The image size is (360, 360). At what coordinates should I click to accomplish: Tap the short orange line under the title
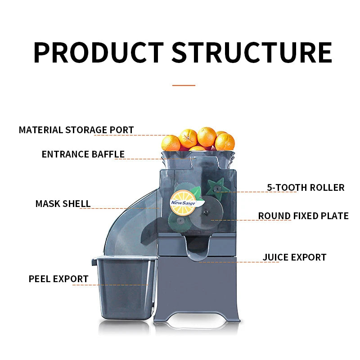click(184, 85)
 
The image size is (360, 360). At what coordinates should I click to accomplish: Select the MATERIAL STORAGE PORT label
click(76, 130)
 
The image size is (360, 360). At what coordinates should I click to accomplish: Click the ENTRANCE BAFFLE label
click(83, 154)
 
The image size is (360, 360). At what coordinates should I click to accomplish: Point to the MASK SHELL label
click(63, 204)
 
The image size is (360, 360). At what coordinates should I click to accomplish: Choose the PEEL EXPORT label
click(58, 279)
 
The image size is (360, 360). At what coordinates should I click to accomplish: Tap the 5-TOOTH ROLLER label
click(306, 187)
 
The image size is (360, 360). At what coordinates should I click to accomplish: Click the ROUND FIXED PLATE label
click(303, 216)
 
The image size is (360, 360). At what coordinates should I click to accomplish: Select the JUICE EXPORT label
click(294, 257)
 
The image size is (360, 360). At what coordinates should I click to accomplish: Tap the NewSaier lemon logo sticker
click(182, 200)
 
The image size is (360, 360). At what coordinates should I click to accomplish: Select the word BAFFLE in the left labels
click(108, 154)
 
